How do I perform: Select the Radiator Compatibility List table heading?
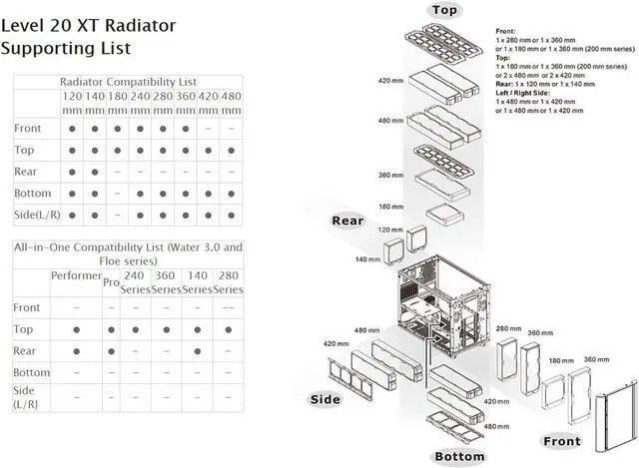[x=128, y=81]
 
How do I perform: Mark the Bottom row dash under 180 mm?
[x=119, y=192]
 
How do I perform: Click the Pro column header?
[x=110, y=283]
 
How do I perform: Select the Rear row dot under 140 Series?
[x=196, y=350]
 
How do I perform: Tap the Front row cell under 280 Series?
[x=228, y=307]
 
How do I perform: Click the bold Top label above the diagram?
[x=445, y=11]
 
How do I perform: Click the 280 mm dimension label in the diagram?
[x=507, y=328]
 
